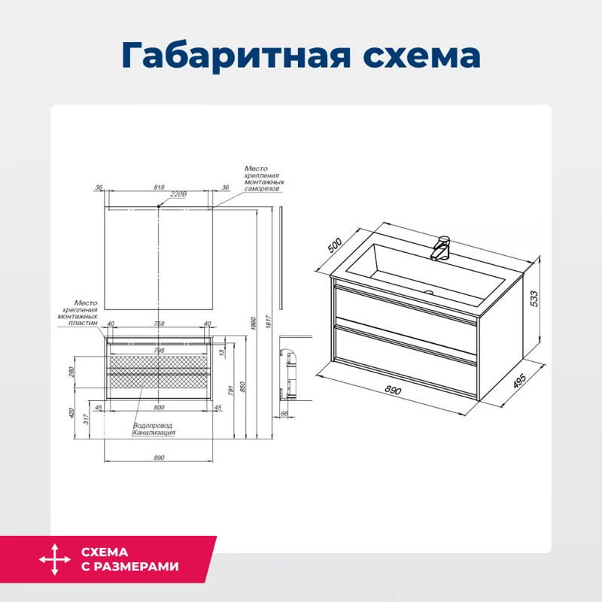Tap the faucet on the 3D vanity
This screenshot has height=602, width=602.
[x=441, y=248]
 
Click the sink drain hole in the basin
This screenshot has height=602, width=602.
[x=430, y=293]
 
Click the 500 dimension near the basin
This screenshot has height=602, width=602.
[x=335, y=246]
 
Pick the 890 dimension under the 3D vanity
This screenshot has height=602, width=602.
[x=391, y=391]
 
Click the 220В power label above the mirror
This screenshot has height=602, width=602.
[x=178, y=194]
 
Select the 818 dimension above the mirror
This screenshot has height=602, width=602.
[x=159, y=187]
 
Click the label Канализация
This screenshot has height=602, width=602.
[x=154, y=433]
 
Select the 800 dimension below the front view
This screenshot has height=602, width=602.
[x=159, y=408]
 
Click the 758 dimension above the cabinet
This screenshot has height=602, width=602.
[x=159, y=324]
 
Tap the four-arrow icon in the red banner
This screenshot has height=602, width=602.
[x=53, y=561]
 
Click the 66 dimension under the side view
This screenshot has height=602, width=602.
[x=284, y=413]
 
